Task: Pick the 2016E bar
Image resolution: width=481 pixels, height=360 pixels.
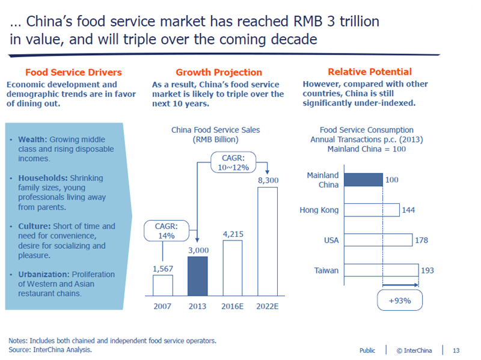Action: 232,267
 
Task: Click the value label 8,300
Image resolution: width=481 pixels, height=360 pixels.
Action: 268,180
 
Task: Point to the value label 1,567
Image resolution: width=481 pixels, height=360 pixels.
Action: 162,269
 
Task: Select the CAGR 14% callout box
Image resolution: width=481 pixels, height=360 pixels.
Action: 166,231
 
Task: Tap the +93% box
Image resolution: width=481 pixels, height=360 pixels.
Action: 400,301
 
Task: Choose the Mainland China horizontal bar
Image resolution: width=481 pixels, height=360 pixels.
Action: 364,180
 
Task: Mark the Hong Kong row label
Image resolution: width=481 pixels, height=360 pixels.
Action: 319,210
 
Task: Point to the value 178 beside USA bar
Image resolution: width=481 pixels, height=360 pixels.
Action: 422,240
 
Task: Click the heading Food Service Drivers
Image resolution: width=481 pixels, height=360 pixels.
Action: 73,72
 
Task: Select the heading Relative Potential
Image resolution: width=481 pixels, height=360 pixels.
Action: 370,72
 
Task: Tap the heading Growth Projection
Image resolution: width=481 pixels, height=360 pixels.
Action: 219,72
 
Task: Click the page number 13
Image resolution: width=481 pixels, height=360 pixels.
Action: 456,350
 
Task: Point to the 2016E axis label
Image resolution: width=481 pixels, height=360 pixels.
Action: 232,307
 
